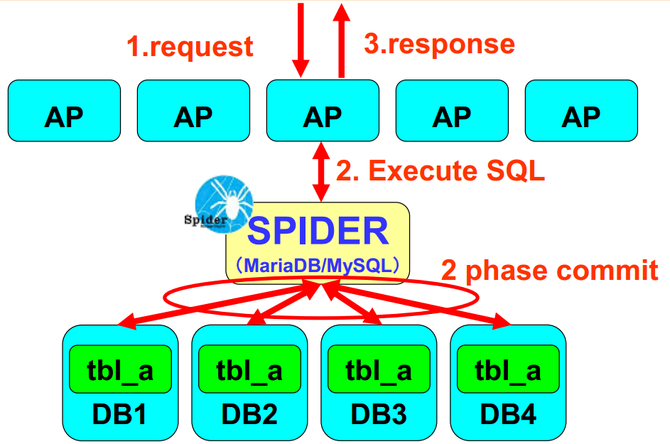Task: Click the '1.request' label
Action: tap(190, 46)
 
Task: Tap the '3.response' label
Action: tap(439, 43)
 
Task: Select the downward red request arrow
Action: tap(302, 39)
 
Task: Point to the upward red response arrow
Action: tap(342, 39)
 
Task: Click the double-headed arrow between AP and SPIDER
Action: tap(322, 171)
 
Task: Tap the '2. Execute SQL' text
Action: tap(440, 171)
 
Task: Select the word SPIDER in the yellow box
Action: tap(318, 232)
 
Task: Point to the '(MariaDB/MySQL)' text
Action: tap(318, 265)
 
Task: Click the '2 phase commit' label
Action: tap(549, 271)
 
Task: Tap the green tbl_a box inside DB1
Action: tap(120, 369)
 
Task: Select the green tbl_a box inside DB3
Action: tap(379, 369)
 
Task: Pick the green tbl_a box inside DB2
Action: tap(249, 369)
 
